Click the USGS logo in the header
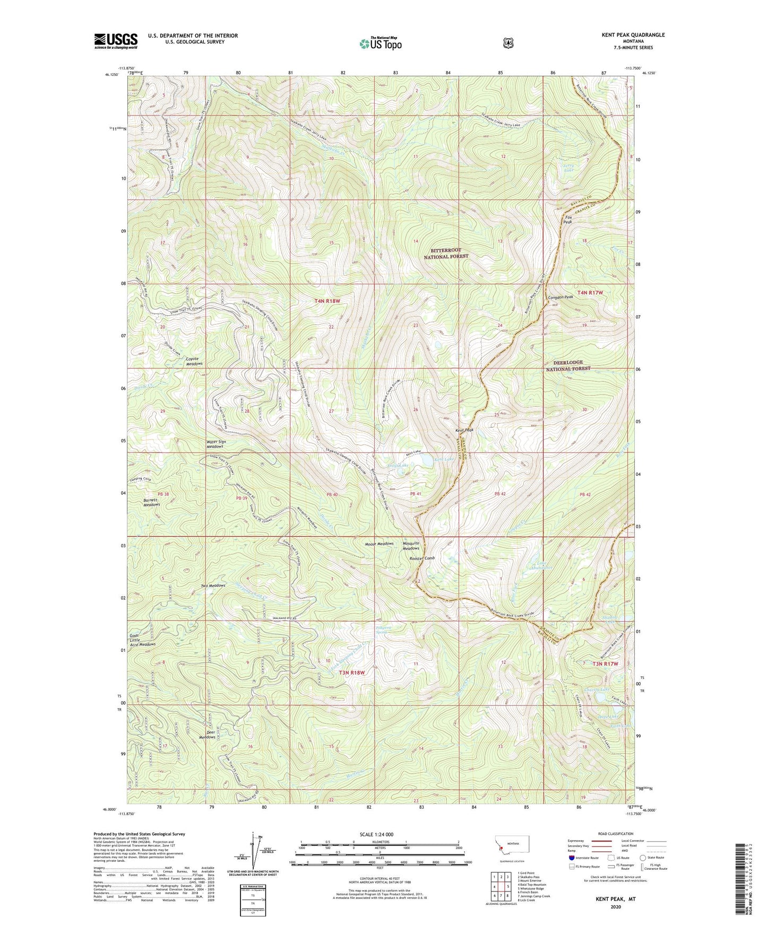click(116, 41)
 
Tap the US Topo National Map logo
click(380, 43)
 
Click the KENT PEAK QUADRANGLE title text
click(633, 35)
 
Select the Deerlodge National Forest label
click(568, 365)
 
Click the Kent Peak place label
click(464, 430)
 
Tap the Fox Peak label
click(568, 220)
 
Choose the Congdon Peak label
click(561, 298)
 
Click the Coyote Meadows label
click(194, 361)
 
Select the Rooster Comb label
click(422, 558)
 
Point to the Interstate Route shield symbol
click(571, 858)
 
